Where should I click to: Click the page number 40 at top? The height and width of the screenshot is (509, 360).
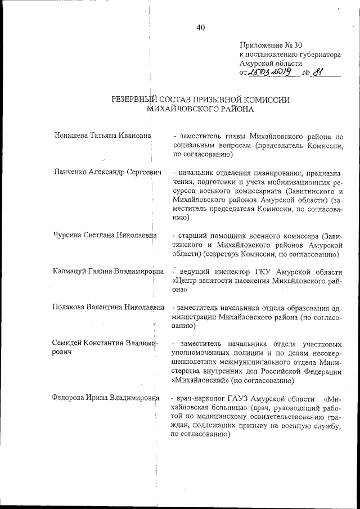[201, 28]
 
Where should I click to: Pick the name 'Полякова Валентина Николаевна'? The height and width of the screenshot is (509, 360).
[108, 308]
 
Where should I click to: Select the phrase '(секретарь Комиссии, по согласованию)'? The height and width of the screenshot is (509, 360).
[265, 254]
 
